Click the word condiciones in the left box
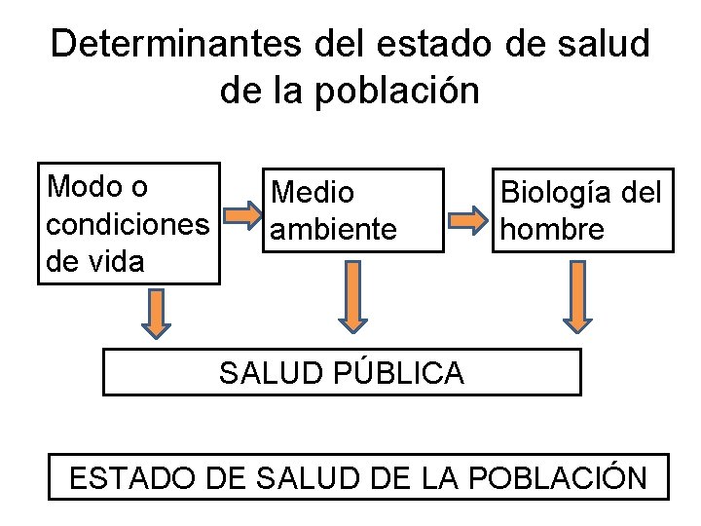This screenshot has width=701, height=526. pyautogui.click(x=128, y=224)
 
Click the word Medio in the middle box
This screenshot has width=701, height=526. pyautogui.click(x=313, y=193)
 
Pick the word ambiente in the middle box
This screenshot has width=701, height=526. pyautogui.click(x=334, y=230)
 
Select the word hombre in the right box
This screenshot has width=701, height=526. pyautogui.click(x=552, y=230)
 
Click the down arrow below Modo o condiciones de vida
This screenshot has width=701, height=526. pyautogui.click(x=155, y=314)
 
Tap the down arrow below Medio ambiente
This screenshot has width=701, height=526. pyautogui.click(x=353, y=295)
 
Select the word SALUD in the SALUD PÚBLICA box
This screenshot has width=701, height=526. pyautogui.click(x=261, y=372)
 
